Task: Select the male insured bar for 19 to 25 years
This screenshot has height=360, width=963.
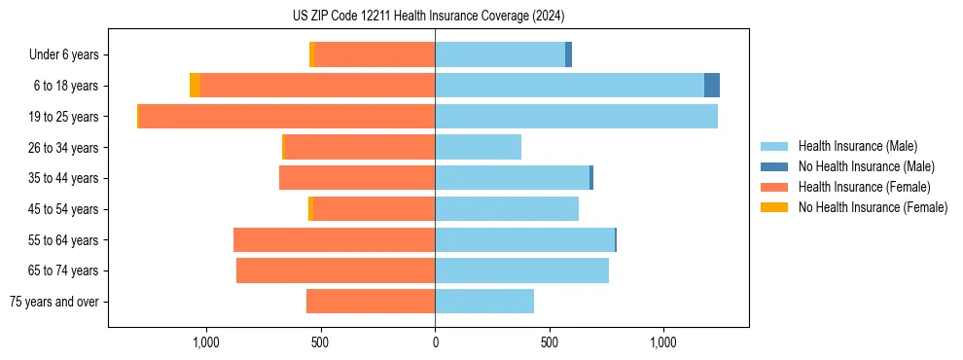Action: click(x=576, y=117)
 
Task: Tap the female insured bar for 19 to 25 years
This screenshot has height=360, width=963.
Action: click(x=287, y=117)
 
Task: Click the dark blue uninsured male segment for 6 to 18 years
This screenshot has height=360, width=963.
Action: click(x=712, y=86)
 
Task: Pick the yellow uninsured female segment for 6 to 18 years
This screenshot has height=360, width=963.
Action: click(x=195, y=86)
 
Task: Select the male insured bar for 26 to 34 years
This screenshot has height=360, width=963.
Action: click(x=478, y=147)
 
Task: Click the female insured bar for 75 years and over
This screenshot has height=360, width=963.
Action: click(x=371, y=302)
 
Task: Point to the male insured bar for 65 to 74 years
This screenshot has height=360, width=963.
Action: click(x=521, y=270)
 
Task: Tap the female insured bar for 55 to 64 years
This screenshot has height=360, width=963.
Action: click(x=334, y=240)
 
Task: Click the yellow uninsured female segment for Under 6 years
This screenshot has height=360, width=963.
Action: click(x=311, y=54)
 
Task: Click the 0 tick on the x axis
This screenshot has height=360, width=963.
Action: click(x=435, y=342)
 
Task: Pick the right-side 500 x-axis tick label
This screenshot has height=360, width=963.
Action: click(x=550, y=342)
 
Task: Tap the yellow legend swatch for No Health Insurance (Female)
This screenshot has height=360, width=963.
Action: click(x=774, y=207)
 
